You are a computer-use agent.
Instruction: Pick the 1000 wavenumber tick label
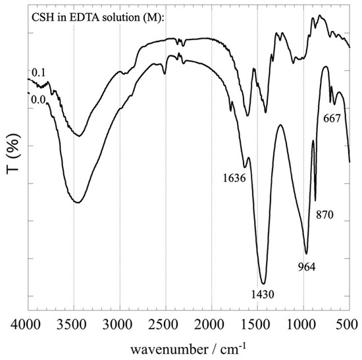(303, 324)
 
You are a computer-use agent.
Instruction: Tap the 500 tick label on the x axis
(346, 324)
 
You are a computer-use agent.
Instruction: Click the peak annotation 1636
(233, 178)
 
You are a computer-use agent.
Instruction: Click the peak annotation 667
(333, 118)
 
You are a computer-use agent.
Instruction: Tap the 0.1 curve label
(38, 71)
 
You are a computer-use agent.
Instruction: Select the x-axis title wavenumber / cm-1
(188, 346)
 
